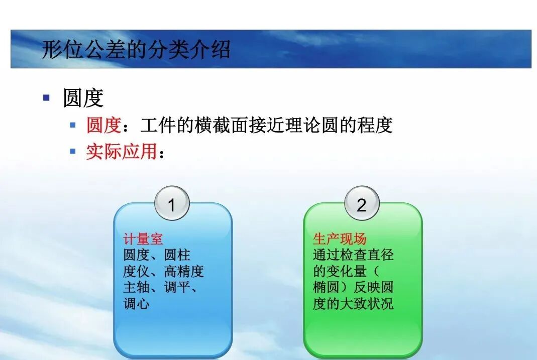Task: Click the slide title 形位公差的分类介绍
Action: (136, 50)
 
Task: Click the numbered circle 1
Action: (171, 205)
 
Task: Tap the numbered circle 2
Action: (361, 205)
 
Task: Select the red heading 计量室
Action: (143, 239)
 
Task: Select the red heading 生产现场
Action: (340, 239)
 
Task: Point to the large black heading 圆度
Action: (83, 98)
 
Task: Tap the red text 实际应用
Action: (121, 151)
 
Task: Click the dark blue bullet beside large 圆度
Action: (47, 97)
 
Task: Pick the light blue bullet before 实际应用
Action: (73, 151)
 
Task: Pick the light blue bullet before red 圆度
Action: (73, 125)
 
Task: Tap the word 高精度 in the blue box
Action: (184, 272)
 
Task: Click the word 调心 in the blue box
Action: (137, 304)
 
